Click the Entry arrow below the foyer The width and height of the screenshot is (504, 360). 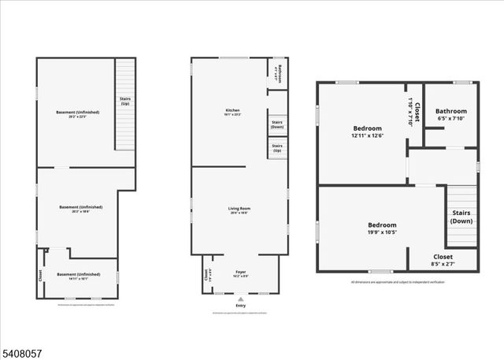(x=240, y=299)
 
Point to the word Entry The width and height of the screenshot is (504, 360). (x=240, y=306)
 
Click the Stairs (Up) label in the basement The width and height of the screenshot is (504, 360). (x=125, y=102)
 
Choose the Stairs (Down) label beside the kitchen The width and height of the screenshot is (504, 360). (x=277, y=124)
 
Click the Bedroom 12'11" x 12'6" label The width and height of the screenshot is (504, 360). (x=367, y=132)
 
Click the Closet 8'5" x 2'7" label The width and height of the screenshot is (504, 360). (x=443, y=260)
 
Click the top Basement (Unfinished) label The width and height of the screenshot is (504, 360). (x=77, y=114)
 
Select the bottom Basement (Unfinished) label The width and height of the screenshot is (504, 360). (x=78, y=276)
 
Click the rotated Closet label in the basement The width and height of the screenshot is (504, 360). (x=40, y=276)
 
